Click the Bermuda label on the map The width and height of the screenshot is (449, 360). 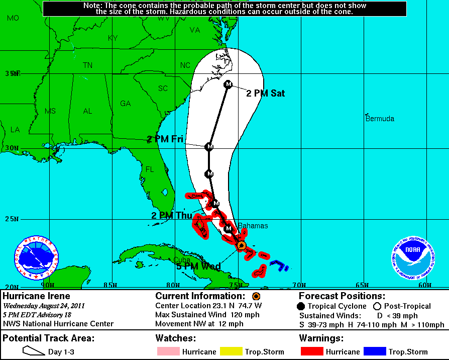[x=380, y=119]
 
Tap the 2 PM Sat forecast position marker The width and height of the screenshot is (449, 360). [x=228, y=84]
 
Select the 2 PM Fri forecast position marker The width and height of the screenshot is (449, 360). [x=209, y=146]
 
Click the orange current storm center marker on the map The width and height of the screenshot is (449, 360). [x=241, y=245]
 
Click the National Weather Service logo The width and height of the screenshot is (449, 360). [x=36, y=258]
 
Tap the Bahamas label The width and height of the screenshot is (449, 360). [x=253, y=226]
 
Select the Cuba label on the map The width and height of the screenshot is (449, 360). [x=182, y=259]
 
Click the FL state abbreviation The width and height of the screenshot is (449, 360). [x=150, y=169]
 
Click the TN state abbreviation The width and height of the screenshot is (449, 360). [x=87, y=65]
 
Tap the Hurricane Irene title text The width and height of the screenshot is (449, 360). [x=36, y=296]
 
